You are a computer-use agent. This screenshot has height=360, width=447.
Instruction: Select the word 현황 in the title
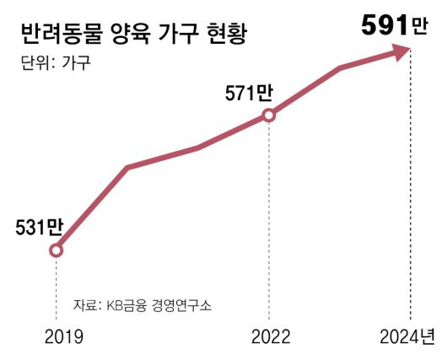230,35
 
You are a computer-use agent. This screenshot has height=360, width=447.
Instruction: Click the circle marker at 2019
56,250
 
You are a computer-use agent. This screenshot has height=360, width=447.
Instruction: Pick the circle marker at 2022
269,115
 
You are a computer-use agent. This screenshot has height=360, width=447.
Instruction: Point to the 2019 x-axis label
63,337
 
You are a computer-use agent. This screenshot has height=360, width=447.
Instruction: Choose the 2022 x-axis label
271,337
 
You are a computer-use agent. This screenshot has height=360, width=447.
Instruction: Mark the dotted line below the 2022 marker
269,219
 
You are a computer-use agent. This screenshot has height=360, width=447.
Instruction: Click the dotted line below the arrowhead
411,194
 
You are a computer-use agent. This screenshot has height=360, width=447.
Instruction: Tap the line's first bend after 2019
127,168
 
